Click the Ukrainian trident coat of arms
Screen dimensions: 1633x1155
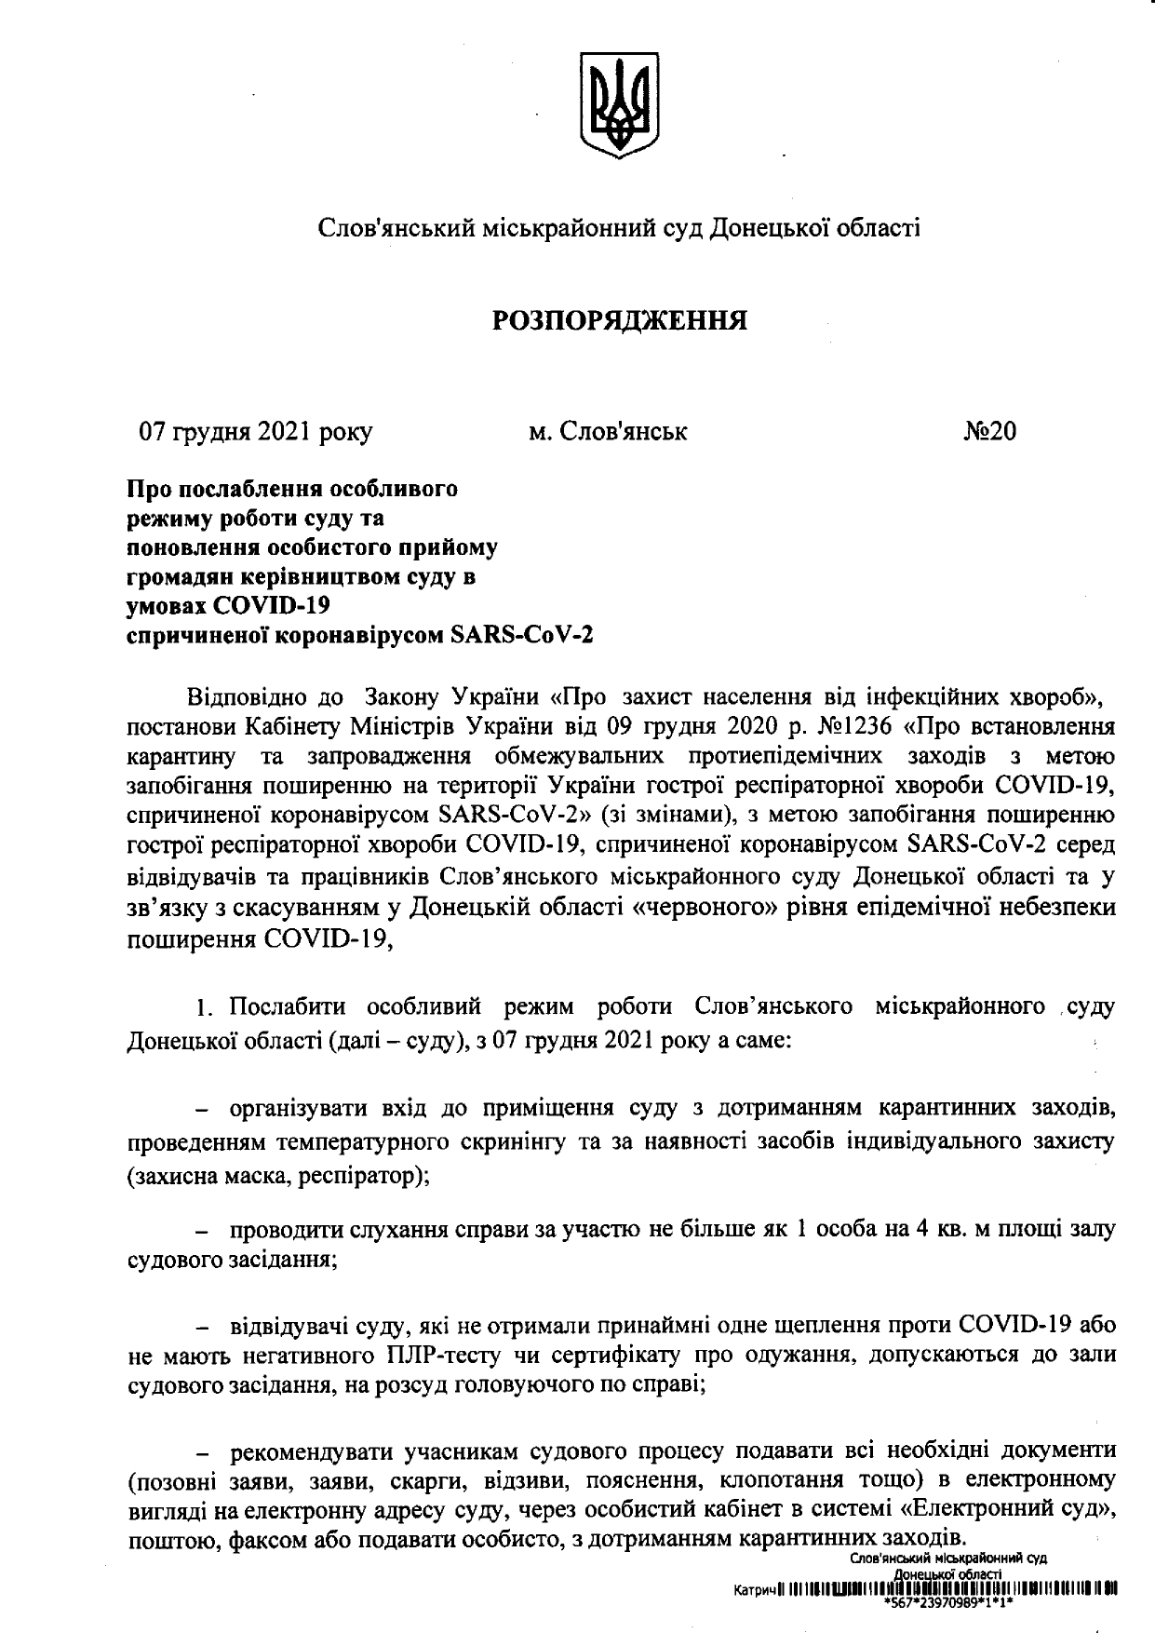pos(619,104)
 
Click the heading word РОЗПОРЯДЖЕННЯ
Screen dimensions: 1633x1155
pos(620,321)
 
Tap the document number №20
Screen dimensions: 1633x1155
pos(989,432)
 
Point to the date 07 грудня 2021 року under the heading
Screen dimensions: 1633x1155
pos(256,432)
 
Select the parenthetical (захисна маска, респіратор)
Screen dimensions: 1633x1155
pos(278,1175)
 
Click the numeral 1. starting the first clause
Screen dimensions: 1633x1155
pos(205,1008)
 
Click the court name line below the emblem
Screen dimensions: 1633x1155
pos(620,228)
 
